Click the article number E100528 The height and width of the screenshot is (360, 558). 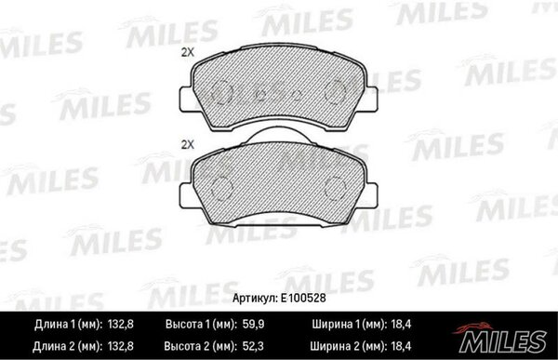click(x=303, y=298)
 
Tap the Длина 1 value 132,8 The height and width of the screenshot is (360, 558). click(x=120, y=325)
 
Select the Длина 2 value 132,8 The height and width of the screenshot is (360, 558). click(x=120, y=346)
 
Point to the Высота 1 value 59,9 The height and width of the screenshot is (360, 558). click(x=253, y=325)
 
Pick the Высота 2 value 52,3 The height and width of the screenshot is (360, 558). click(x=253, y=346)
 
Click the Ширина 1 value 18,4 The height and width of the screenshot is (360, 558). click(x=401, y=325)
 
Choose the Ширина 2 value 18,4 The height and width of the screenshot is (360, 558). click(x=401, y=346)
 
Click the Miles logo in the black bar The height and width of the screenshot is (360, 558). click(x=501, y=339)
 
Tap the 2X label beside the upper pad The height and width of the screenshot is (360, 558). click(x=188, y=53)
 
